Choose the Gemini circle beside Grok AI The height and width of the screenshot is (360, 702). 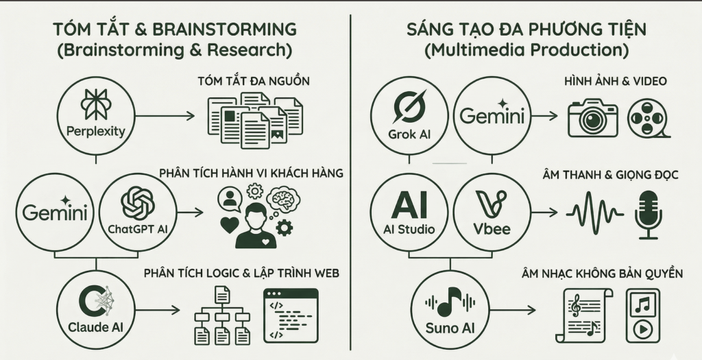(492, 115)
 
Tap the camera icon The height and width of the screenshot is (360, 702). (592, 117)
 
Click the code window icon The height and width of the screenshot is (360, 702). (291, 315)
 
